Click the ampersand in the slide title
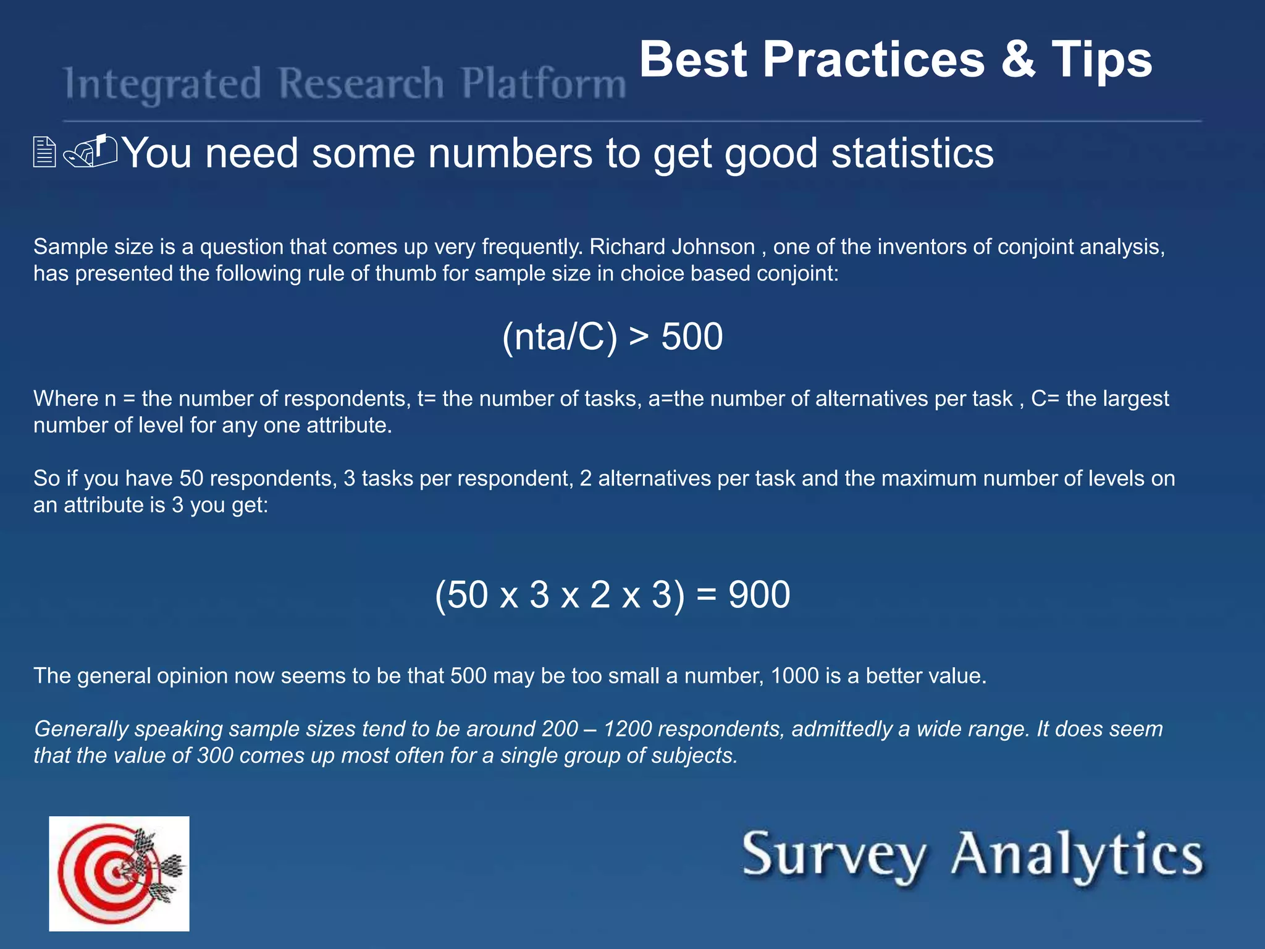pos(1018,60)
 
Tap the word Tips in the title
pos(1101,60)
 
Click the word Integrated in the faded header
pos(163,85)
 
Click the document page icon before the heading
pos(44,153)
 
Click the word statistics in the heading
pos(912,153)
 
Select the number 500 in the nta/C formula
pos(692,337)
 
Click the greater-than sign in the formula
pos(639,337)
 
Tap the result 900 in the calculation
pos(759,595)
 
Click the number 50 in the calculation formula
pos(468,595)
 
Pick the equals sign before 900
pos(706,596)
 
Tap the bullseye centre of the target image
pos(116,873)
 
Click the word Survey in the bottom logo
pos(833,856)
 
